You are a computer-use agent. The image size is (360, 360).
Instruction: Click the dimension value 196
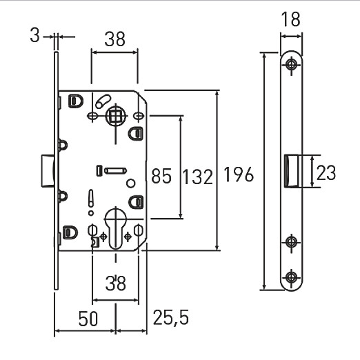[x=239, y=174]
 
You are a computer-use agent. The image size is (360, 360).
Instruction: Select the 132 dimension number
[x=198, y=177]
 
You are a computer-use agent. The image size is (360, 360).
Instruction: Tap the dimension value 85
[x=161, y=176]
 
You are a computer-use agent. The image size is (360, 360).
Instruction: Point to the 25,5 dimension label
[x=171, y=317]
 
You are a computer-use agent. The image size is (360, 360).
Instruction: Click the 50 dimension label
[x=88, y=319]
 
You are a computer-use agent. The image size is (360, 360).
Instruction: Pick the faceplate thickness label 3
[x=34, y=36]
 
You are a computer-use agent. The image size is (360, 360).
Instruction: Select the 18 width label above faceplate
[x=291, y=19]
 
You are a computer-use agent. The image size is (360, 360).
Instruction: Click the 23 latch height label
[x=326, y=172]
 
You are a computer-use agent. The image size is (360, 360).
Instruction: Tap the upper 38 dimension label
[x=115, y=39]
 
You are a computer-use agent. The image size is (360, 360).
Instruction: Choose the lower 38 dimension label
[x=116, y=283]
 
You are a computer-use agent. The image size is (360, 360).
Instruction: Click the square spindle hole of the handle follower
[x=115, y=116]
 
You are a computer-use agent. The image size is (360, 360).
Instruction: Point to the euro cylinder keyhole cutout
[x=115, y=228]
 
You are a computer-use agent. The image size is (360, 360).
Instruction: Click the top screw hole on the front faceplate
[x=292, y=64]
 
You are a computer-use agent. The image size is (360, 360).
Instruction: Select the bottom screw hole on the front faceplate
[x=292, y=277]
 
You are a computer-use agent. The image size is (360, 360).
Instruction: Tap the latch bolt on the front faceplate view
[x=291, y=171]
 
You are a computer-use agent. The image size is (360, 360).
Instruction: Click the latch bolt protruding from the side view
[x=48, y=171]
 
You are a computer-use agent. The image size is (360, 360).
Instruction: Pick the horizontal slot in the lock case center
[x=115, y=171]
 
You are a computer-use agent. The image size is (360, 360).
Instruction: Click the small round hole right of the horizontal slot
[x=131, y=183]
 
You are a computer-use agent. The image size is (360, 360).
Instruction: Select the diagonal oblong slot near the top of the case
[x=103, y=101]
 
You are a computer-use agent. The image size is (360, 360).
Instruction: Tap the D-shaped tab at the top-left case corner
[x=76, y=101]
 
